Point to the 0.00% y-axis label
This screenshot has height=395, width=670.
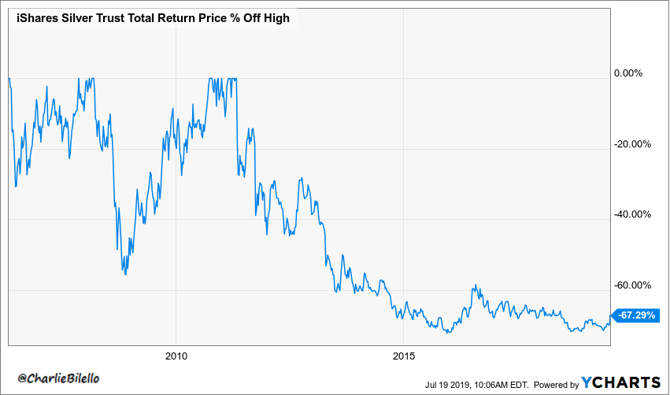(628, 73)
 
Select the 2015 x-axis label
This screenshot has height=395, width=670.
(402, 355)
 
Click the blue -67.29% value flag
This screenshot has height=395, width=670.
(635, 315)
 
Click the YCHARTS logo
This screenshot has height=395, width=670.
(621, 382)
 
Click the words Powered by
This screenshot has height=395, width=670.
(556, 384)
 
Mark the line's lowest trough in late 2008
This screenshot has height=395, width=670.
(125, 274)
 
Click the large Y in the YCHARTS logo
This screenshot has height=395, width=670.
(590, 382)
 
